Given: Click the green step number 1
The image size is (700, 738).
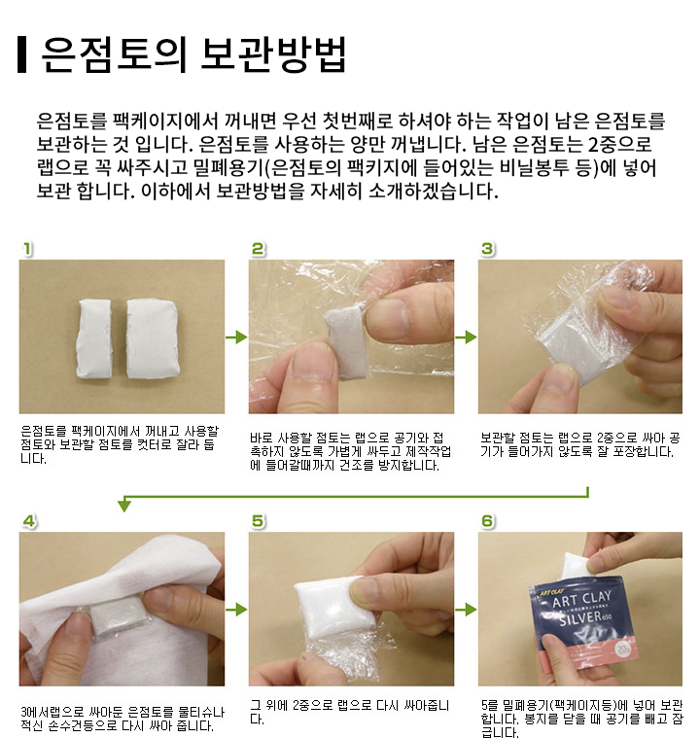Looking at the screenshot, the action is pyautogui.click(x=27, y=249).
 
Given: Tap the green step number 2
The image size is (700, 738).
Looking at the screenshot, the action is pyautogui.click(x=258, y=249).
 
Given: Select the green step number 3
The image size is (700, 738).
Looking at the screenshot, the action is pyautogui.click(x=488, y=249).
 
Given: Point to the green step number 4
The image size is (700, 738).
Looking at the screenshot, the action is pyautogui.click(x=29, y=521).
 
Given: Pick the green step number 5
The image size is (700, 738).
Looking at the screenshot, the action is pyautogui.click(x=258, y=521).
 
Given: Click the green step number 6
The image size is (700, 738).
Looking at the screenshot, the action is pyautogui.click(x=488, y=521).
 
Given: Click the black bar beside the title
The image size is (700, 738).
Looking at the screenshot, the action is pyautogui.click(x=21, y=54).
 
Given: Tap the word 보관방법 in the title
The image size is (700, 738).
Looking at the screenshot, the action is pyautogui.click(x=273, y=54).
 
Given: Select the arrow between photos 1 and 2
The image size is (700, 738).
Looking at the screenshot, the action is pyautogui.click(x=236, y=337).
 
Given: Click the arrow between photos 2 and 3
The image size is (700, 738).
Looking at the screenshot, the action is pyautogui.click(x=466, y=337).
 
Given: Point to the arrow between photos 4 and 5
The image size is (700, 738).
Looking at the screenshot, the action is pyautogui.click(x=236, y=610).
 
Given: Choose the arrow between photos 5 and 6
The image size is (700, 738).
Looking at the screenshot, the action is pyautogui.click(x=466, y=610).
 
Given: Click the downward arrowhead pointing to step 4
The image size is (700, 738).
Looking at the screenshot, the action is pyautogui.click(x=124, y=506).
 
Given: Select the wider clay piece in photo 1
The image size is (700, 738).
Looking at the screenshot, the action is pyautogui.click(x=152, y=338).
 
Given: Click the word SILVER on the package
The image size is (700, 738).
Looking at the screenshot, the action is pyautogui.click(x=580, y=618).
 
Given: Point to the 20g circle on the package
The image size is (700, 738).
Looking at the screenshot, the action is pyautogui.click(x=624, y=650).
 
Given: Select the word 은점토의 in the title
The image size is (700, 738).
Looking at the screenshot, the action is pyautogui.click(x=115, y=54).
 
